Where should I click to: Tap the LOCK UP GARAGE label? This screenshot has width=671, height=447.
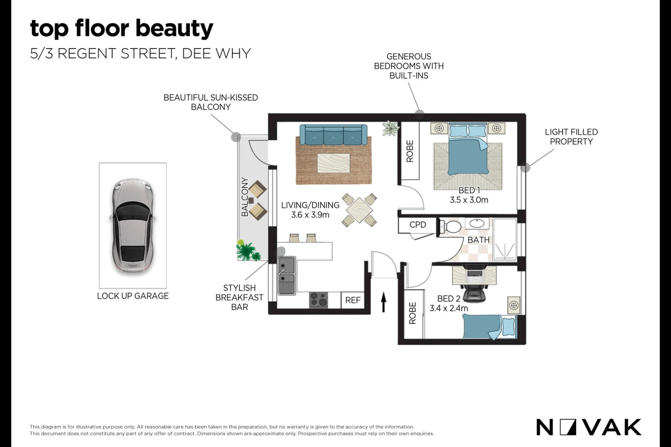[x=133, y=296]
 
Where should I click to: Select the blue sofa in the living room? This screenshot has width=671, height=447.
[x=333, y=135]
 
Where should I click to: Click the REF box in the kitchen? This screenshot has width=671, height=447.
[x=353, y=300]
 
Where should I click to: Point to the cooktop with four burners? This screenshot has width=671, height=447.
[x=319, y=300]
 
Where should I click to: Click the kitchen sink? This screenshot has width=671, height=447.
[x=287, y=275]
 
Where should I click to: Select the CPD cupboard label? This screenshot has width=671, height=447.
[x=418, y=225]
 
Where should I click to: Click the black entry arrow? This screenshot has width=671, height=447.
[x=384, y=302]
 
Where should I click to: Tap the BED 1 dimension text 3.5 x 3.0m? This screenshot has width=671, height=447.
[x=469, y=200]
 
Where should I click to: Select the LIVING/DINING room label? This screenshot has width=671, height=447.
[x=310, y=205]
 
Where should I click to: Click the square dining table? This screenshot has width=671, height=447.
[x=359, y=210]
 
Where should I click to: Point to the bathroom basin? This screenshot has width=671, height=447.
[x=477, y=223]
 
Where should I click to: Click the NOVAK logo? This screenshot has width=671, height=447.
[x=589, y=427]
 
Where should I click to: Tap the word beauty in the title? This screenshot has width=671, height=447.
[x=175, y=29]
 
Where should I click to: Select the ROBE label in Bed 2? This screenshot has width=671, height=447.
[x=412, y=313]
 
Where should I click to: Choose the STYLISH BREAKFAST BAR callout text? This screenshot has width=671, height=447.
[x=240, y=297]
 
